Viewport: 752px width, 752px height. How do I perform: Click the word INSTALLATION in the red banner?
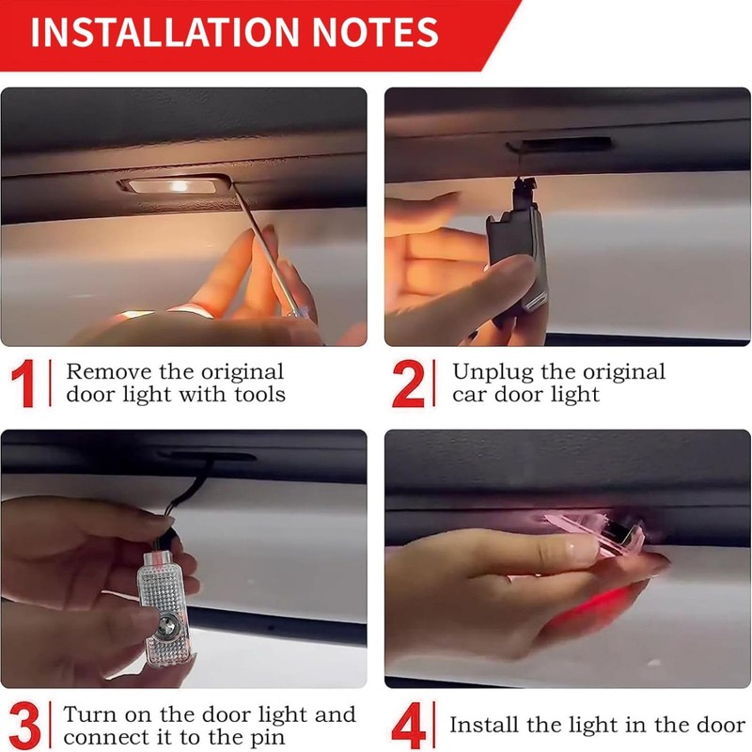[164, 32]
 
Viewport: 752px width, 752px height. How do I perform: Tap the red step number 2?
[408, 384]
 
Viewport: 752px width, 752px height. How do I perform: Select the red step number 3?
[24, 725]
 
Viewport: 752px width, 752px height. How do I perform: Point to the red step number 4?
[409, 725]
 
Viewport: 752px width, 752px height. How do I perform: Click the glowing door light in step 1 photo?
[173, 185]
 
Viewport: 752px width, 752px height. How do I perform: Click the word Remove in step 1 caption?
[109, 371]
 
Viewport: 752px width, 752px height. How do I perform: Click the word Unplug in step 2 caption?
[493, 373]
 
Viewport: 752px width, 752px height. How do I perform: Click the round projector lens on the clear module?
[168, 623]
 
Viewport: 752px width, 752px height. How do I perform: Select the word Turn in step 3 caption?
[91, 714]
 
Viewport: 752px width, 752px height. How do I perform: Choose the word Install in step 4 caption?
[484, 724]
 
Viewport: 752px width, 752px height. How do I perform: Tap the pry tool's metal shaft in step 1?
[269, 249]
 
